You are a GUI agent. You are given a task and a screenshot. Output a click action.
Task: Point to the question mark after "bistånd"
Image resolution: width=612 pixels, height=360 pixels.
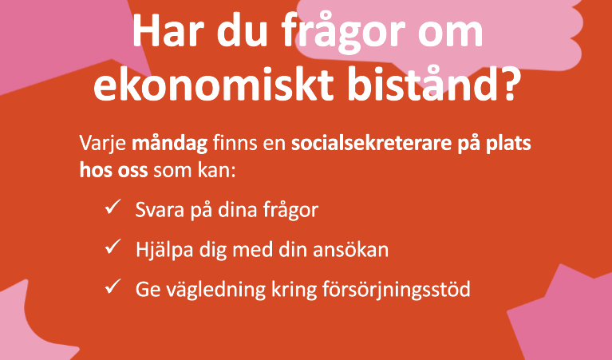coord(508,82)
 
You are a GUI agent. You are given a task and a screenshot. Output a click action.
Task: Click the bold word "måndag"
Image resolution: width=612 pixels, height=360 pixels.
coord(169,144)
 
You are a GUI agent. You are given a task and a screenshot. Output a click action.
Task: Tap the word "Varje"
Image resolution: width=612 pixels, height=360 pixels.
coord(103,144)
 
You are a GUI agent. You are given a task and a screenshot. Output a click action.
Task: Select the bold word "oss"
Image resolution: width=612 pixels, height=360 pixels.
coord(132,171)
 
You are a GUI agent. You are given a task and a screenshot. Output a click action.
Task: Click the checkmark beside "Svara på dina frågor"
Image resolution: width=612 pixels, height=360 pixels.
coord(113,207)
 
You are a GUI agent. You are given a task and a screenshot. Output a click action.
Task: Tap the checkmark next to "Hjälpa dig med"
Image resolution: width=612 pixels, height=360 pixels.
coord(113,247)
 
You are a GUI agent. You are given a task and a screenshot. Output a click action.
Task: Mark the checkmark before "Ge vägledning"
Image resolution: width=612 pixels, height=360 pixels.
coord(113,287)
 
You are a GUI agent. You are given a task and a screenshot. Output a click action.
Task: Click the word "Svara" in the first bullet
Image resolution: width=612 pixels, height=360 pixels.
coord(160,210)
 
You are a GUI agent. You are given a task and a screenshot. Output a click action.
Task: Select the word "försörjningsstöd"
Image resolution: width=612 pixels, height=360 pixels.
coord(396,290)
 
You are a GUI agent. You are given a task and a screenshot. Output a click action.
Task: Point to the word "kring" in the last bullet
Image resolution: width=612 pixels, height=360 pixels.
coord(294,290)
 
